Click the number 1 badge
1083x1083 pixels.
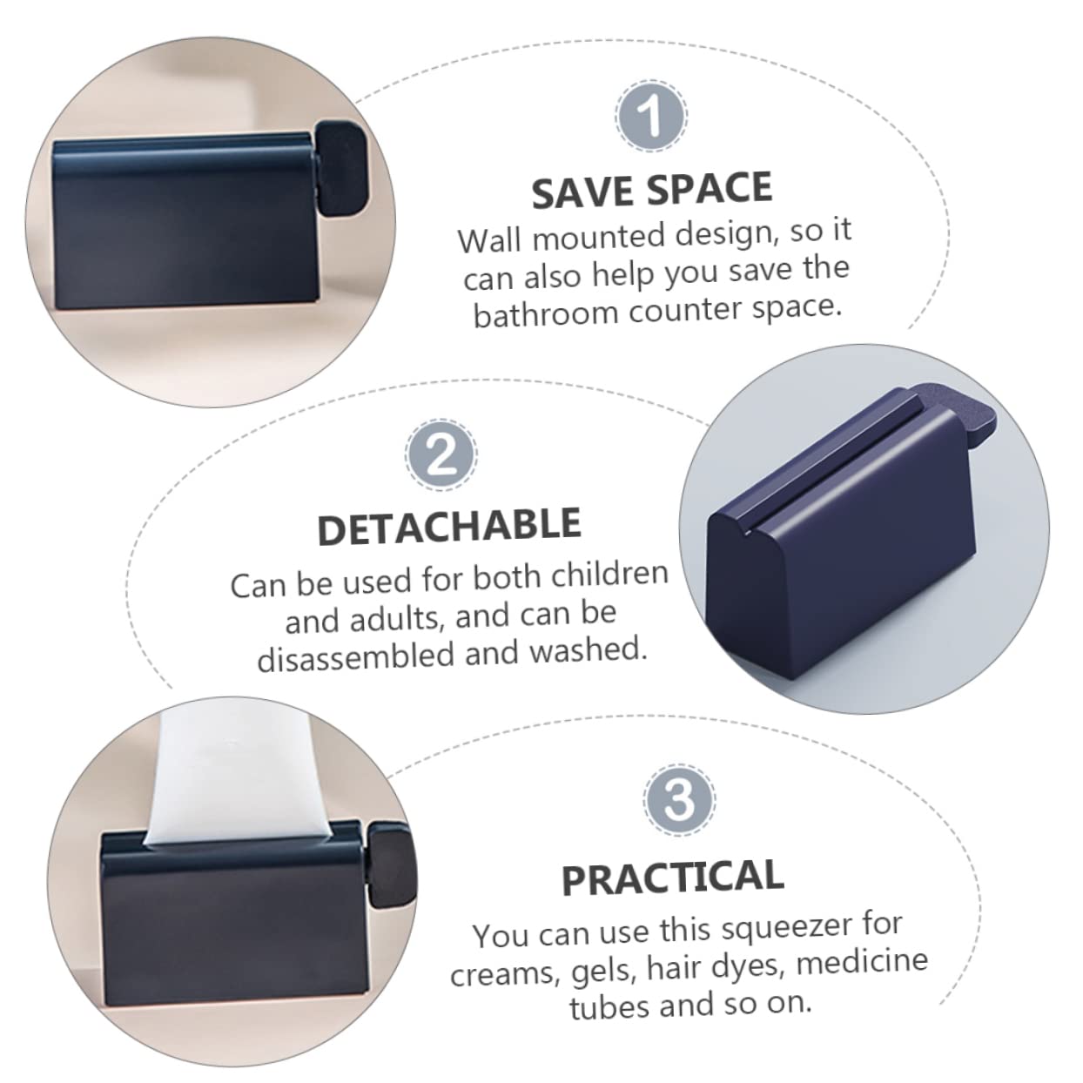point(651,116)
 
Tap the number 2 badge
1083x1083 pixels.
point(441,454)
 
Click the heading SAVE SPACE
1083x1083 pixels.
point(652,190)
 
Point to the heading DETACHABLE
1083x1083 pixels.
point(449,526)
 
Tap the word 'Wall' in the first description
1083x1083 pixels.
point(489,240)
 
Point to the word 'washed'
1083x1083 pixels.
point(589,649)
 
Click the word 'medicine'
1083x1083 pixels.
point(862,962)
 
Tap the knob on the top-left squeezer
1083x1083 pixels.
point(340,169)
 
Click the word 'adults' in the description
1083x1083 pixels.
point(405,618)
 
